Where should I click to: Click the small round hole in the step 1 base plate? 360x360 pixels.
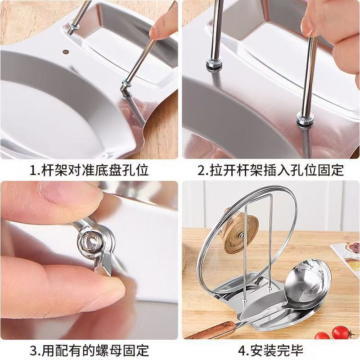click(x=65, y=52)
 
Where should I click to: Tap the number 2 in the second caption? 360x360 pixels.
click(x=201, y=171)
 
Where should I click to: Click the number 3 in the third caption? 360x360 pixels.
click(x=33, y=351)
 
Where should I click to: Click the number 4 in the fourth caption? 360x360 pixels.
click(x=242, y=351)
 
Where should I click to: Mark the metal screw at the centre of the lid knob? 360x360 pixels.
click(x=242, y=234)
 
